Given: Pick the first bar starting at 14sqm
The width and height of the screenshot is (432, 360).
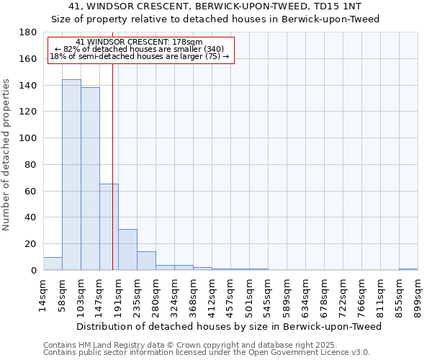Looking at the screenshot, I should (53, 264).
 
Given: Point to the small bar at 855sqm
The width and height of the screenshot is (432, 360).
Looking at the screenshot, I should (408, 269).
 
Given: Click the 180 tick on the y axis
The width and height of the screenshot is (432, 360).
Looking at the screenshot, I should (28, 32).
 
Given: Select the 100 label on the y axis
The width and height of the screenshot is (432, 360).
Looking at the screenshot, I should (28, 138).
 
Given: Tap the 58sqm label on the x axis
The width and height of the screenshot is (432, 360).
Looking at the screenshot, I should (62, 293).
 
